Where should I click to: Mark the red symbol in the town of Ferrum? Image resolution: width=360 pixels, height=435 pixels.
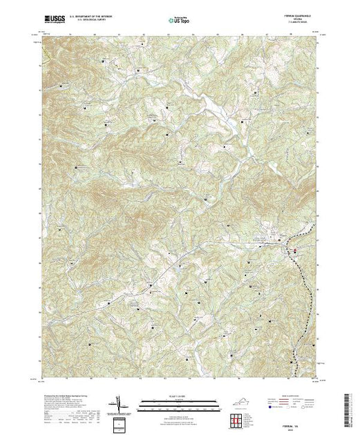click(x=295, y=250)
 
